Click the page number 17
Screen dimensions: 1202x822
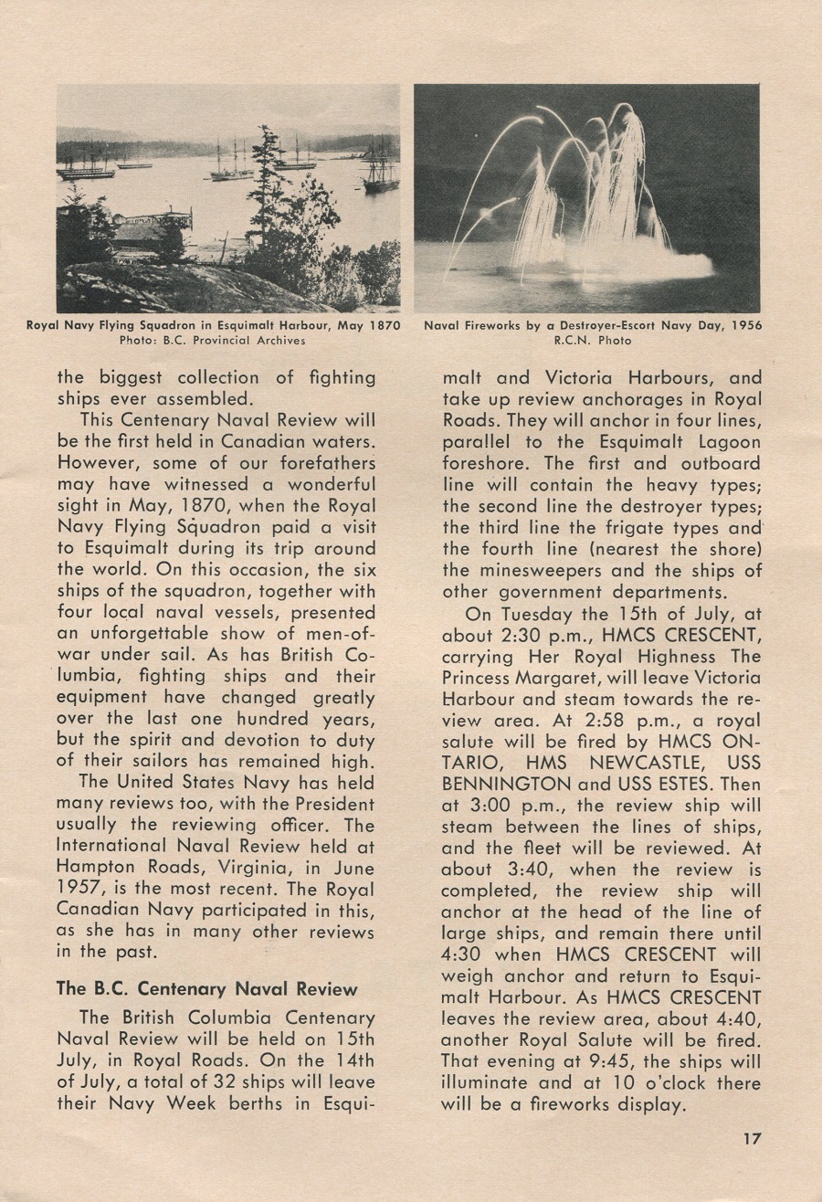click(x=752, y=1138)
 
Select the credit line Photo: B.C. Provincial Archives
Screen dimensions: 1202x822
click(x=213, y=341)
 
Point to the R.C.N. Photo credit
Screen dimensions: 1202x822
click(x=592, y=341)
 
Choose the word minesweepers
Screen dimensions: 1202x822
click(x=551, y=571)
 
